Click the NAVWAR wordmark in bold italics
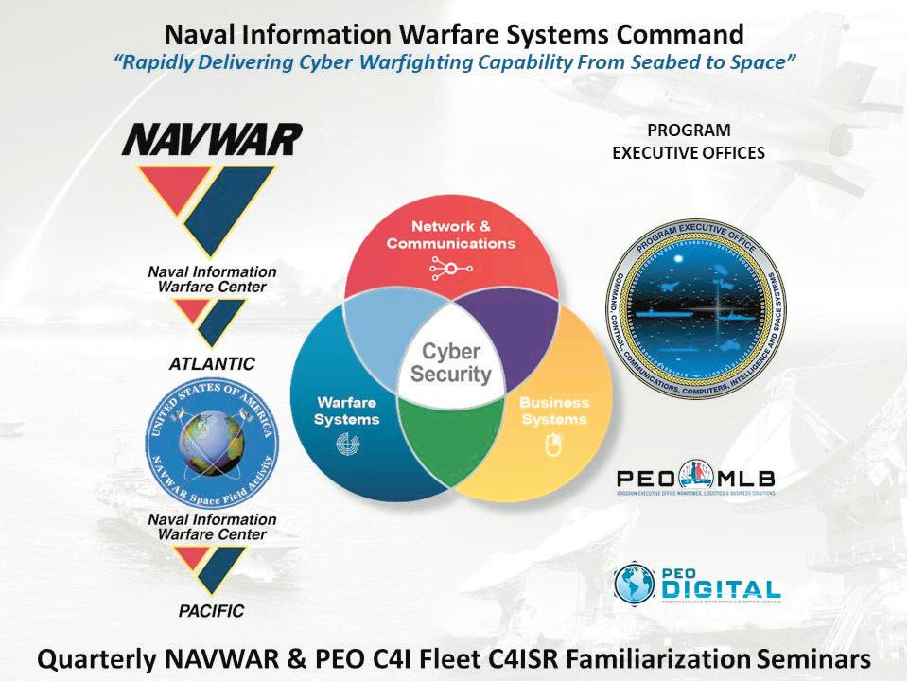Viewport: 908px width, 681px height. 212,140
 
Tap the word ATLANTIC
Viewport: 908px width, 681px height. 212,362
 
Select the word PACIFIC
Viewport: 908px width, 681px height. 211,611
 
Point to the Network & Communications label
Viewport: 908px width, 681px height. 450,235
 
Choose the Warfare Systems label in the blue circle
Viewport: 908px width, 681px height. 347,410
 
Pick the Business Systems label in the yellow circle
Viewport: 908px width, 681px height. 553,410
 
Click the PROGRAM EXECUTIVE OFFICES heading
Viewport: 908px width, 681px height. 689,142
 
